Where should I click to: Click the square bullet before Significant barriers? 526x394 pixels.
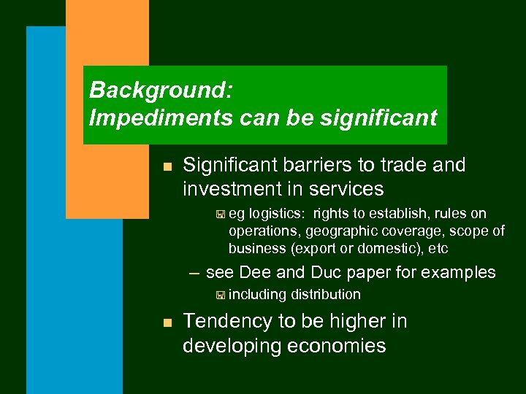tap(167, 166)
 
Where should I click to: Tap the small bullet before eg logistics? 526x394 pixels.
tap(220, 215)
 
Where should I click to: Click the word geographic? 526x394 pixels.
tap(342, 231)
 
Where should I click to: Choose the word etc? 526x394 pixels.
tap(438, 249)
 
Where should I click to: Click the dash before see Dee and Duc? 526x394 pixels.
tap(194, 274)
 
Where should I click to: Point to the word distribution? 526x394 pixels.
tap(326, 295)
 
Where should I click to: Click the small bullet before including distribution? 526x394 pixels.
tap(220, 295)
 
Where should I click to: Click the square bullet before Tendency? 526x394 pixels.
tap(167, 322)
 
